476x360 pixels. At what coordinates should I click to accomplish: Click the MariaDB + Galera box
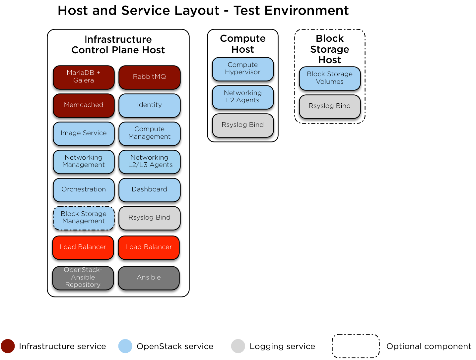[84, 77]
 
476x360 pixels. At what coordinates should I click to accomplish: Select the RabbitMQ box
[149, 77]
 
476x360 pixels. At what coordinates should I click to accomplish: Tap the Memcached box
[84, 105]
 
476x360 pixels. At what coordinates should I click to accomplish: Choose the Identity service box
[149, 105]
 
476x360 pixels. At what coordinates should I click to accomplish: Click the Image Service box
[84, 133]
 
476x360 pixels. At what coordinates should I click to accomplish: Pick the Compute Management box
[149, 133]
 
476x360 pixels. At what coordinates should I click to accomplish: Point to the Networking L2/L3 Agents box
[149, 161]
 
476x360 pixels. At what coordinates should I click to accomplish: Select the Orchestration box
[84, 189]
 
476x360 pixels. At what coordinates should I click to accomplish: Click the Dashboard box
[149, 189]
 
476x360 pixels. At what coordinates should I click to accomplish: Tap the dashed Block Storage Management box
[84, 218]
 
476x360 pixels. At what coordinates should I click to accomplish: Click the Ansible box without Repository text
[149, 278]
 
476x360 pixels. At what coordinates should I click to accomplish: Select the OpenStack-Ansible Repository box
[83, 278]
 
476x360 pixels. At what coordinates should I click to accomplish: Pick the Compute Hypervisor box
[242, 69]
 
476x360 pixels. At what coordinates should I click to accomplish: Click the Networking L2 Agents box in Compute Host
[242, 97]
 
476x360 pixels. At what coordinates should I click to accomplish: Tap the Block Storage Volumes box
[329, 78]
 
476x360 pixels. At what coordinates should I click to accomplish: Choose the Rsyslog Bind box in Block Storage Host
[329, 106]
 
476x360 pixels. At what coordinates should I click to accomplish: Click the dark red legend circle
[8, 346]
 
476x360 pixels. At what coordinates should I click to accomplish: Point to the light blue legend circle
[125, 346]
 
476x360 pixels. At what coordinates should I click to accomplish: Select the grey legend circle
[238, 346]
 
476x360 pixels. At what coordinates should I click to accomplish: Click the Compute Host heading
[242, 44]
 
